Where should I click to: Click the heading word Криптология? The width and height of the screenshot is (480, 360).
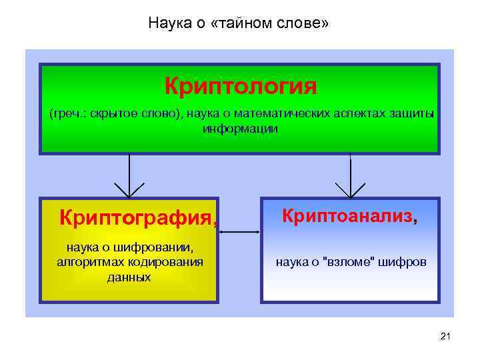(240, 86)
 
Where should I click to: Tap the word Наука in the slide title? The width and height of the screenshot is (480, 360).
(167, 24)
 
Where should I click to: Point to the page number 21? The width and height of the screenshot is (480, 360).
(446, 339)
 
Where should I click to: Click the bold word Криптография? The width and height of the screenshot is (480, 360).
(135, 217)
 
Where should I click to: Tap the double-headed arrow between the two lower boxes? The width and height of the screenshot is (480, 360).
(239, 232)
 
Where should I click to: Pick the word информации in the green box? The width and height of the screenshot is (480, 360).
(240, 128)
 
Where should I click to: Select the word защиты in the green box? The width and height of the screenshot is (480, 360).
(413, 113)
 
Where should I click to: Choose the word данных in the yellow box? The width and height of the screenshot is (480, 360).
(129, 277)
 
